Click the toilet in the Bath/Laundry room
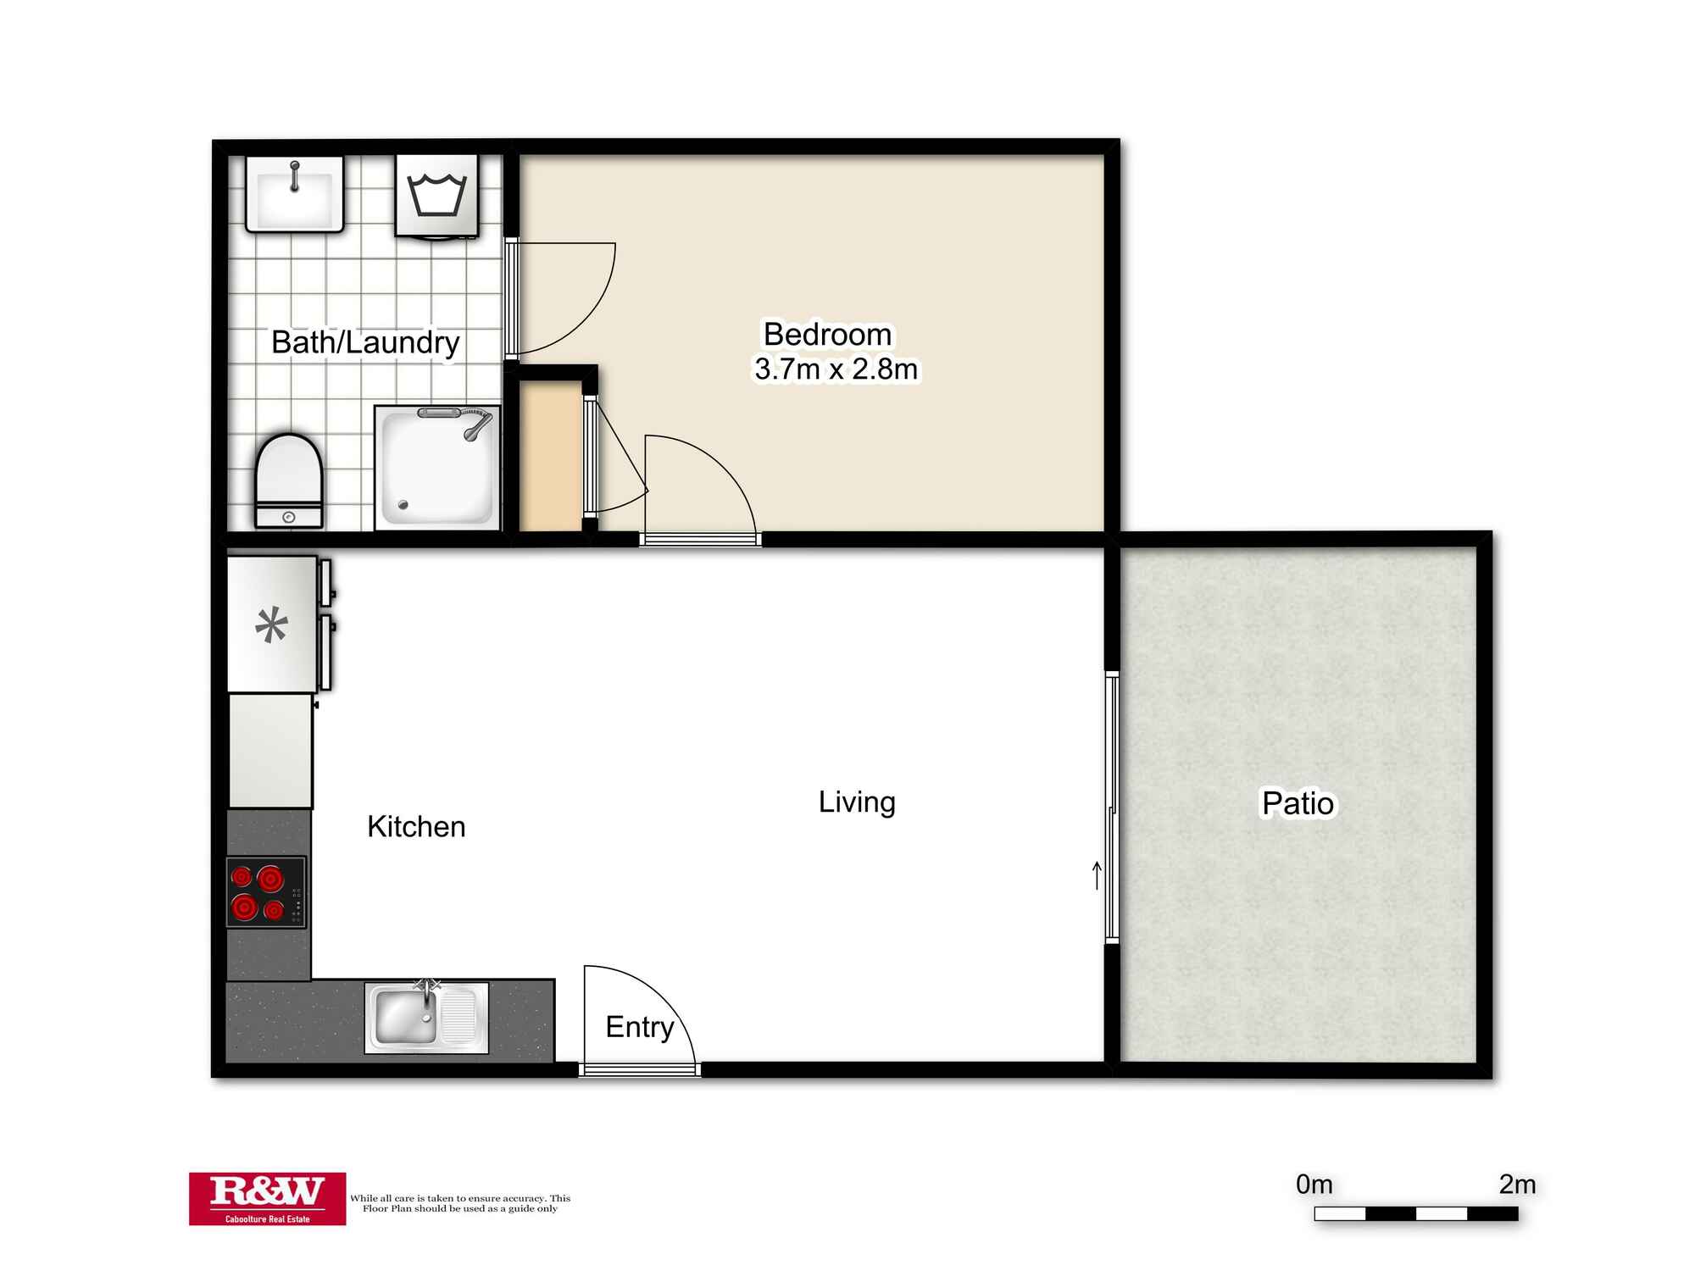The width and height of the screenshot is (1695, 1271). [x=289, y=481]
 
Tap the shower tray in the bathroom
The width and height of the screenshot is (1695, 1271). [x=436, y=466]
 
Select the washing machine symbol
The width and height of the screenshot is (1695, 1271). [x=436, y=194]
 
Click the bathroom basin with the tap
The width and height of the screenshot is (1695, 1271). [x=294, y=194]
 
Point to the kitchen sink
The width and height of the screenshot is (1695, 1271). [x=406, y=1017]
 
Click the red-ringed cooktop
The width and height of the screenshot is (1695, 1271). [x=265, y=892]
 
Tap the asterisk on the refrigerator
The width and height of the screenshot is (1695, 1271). [x=271, y=627]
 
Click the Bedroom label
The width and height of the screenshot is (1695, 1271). [x=827, y=334]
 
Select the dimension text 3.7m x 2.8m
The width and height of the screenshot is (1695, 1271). [x=836, y=369]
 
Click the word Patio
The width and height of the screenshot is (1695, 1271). [x=1298, y=803]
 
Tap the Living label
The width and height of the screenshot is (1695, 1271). [x=857, y=802]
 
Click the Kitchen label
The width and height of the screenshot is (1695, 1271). [x=416, y=826]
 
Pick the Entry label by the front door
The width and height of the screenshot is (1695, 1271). [x=639, y=1027]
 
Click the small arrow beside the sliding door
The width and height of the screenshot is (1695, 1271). [x=1097, y=875]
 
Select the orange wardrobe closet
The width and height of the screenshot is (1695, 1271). [x=550, y=458]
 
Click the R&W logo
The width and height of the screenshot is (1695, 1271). [x=267, y=1198]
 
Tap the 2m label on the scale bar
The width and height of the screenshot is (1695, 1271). [x=1517, y=1184]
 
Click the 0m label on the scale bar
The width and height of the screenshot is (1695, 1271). [x=1314, y=1184]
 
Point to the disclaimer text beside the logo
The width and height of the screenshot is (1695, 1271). [x=460, y=1203]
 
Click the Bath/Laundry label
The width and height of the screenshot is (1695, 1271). [x=365, y=342]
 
